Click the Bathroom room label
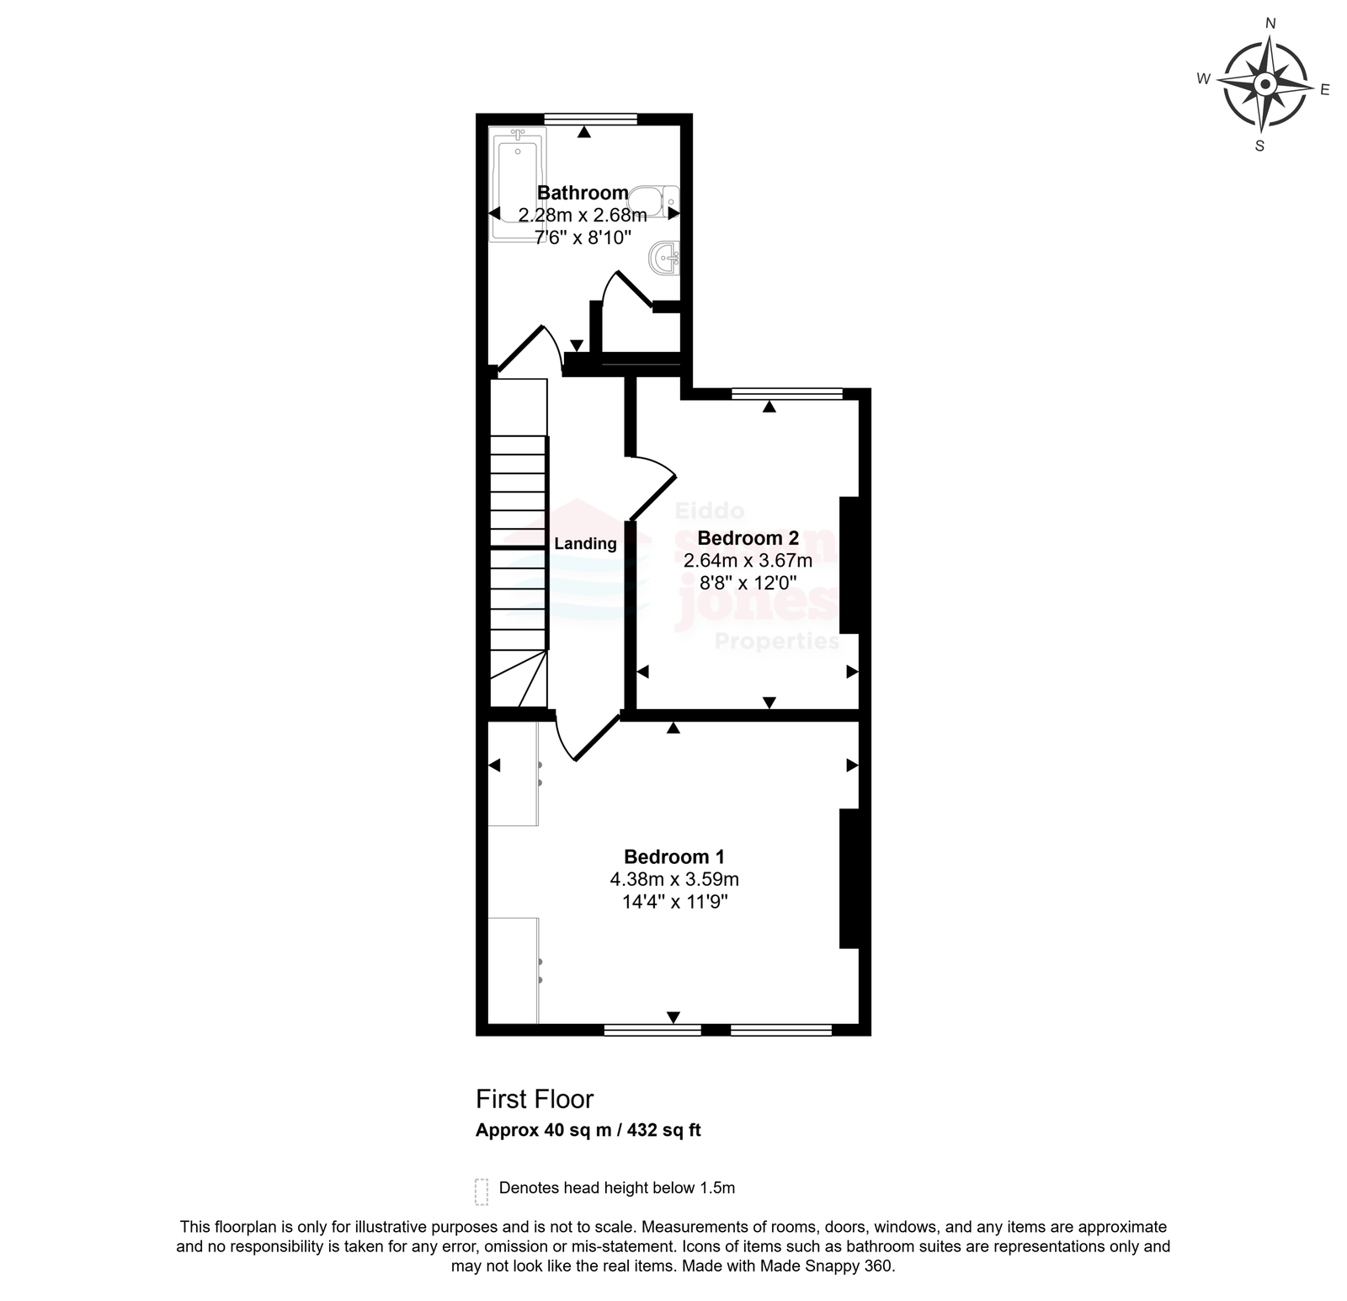[583, 193]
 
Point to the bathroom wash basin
[664, 257]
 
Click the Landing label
[585, 544]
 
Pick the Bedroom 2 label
[748, 538]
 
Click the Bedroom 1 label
[674, 857]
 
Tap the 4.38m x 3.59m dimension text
[674, 880]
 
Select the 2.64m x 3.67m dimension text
[748, 561]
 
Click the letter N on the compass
[1271, 24]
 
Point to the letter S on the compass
[1259, 146]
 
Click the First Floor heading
[535, 1099]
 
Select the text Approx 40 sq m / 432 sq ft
[588, 1130]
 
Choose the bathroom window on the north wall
[590, 120]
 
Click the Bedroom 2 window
[787, 393]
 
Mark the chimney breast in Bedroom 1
[849, 878]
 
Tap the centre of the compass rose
[1264, 84]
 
